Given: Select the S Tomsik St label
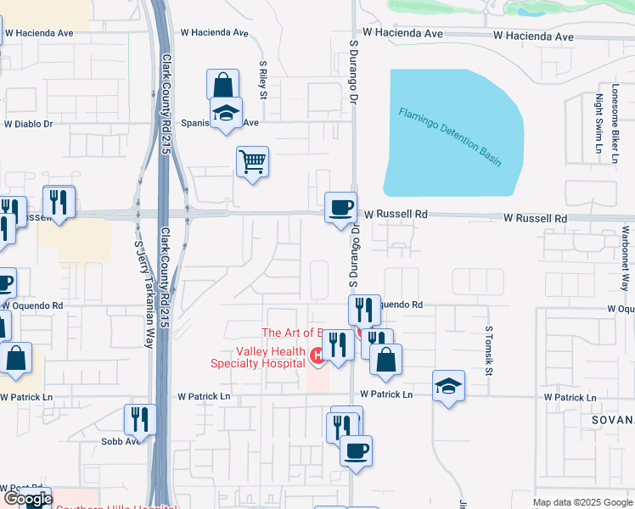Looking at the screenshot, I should click(x=489, y=351).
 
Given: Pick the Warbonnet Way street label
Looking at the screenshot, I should click(x=625, y=258).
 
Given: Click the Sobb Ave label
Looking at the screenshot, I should click(x=121, y=441).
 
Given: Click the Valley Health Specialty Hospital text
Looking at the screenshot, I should click(x=258, y=358).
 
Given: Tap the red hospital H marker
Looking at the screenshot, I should click(x=317, y=355).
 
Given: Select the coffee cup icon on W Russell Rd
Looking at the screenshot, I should click(x=341, y=207).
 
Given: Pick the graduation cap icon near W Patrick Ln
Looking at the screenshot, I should click(x=448, y=387).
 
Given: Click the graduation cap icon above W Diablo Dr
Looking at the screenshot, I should click(x=226, y=113).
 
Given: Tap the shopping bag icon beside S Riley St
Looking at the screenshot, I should click(x=222, y=86).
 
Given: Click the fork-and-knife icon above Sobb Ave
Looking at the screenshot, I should click(x=140, y=419).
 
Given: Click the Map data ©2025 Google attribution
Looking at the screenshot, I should click(x=582, y=502).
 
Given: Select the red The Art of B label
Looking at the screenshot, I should click(x=293, y=333).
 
